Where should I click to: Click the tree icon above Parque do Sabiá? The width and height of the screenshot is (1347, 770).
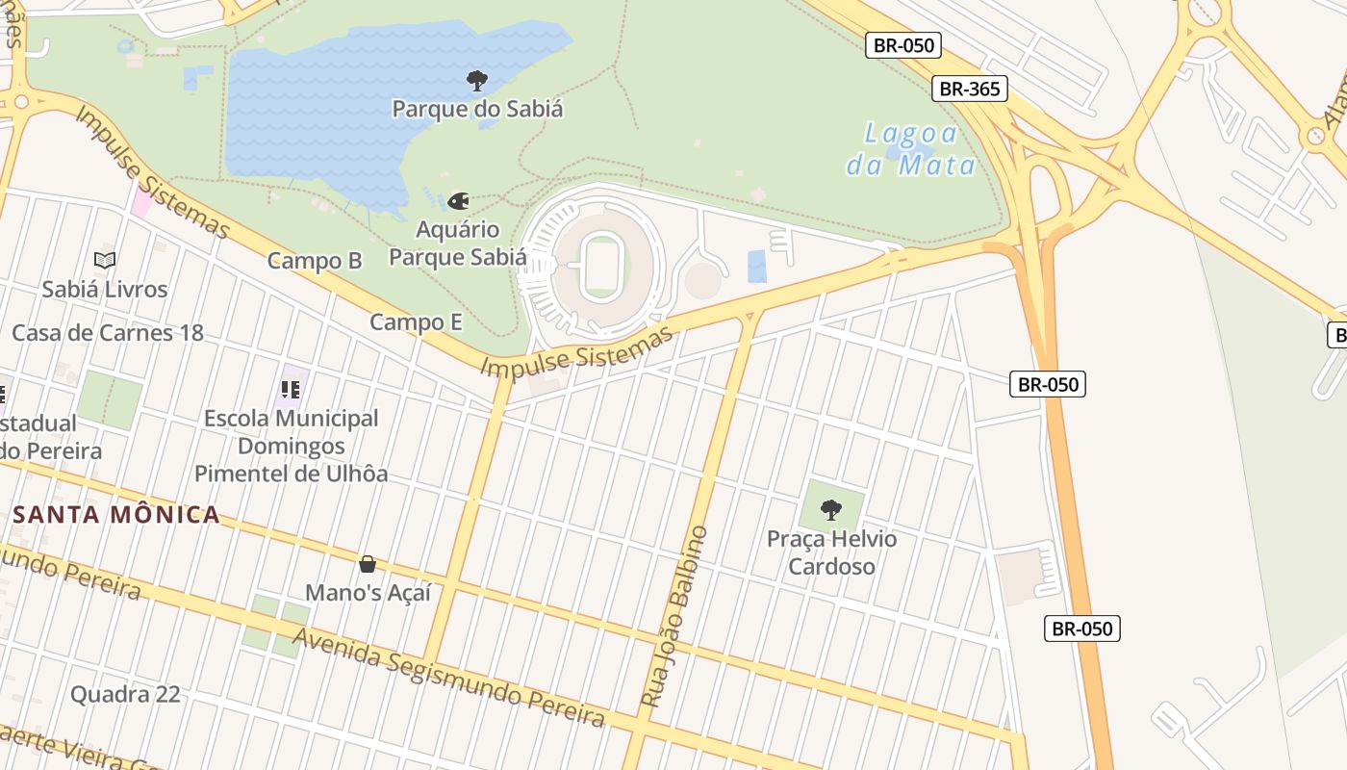[476, 80]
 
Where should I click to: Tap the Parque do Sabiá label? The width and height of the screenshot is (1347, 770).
[477, 109]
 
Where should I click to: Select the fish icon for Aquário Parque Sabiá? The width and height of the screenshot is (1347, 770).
[458, 201]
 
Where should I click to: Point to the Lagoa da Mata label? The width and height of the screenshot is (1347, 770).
[910, 149]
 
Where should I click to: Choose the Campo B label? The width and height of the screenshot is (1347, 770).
[315, 261]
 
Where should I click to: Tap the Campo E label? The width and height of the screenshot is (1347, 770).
[416, 322]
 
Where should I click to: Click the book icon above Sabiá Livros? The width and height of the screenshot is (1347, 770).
[105, 260]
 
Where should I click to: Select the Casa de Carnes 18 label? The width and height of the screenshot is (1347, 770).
[108, 333]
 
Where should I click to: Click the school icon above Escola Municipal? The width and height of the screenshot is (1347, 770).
[291, 390]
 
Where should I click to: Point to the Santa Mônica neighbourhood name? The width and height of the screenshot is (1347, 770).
[116, 514]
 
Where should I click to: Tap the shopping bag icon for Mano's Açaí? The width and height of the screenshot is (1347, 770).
[367, 564]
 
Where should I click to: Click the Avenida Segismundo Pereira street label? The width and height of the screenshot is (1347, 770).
[449, 678]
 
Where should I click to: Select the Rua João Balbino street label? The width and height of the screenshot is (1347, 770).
[674, 617]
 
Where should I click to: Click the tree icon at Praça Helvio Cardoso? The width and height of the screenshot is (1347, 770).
[831, 509]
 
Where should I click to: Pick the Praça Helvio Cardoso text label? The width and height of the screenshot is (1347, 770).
[831, 552]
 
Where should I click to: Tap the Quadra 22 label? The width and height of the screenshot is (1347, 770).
[125, 694]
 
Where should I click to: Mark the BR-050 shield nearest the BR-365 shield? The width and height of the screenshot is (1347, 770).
[902, 45]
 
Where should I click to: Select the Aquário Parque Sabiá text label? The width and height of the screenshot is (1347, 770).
[458, 244]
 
